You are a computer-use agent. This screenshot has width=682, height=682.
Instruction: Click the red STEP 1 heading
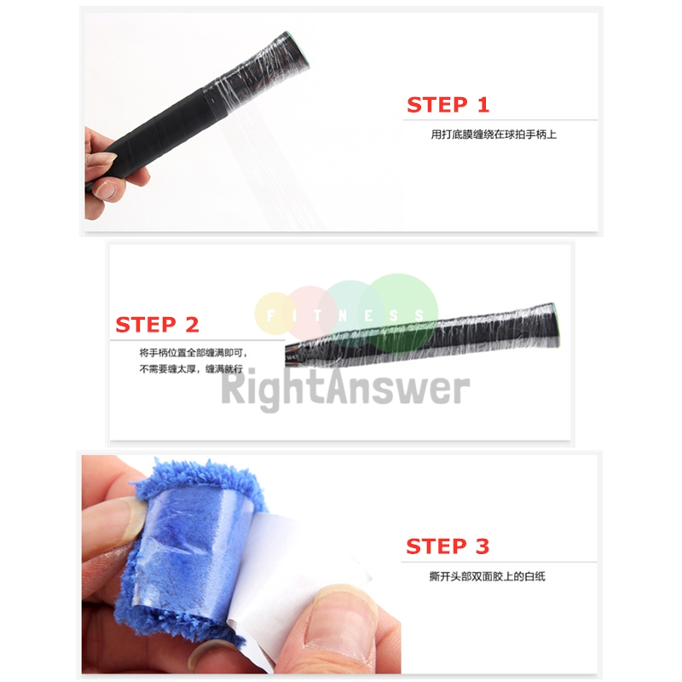(448, 105)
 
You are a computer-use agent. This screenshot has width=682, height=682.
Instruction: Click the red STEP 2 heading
(157, 325)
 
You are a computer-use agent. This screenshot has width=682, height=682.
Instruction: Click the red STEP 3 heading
(448, 546)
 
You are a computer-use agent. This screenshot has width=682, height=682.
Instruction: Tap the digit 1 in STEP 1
(483, 105)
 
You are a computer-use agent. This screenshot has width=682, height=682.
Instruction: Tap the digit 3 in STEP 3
(483, 546)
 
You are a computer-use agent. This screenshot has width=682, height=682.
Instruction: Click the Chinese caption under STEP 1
(493, 134)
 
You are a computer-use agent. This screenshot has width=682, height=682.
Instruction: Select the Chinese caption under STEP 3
(487, 576)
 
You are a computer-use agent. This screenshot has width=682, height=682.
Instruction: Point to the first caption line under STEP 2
(193, 352)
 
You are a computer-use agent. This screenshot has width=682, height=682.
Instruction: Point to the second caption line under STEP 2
(193, 370)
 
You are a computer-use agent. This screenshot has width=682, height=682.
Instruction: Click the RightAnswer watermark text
(345, 389)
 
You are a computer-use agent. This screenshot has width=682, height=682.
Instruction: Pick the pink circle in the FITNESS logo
(310, 309)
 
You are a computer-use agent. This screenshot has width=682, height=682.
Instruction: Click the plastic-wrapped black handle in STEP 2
(426, 337)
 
